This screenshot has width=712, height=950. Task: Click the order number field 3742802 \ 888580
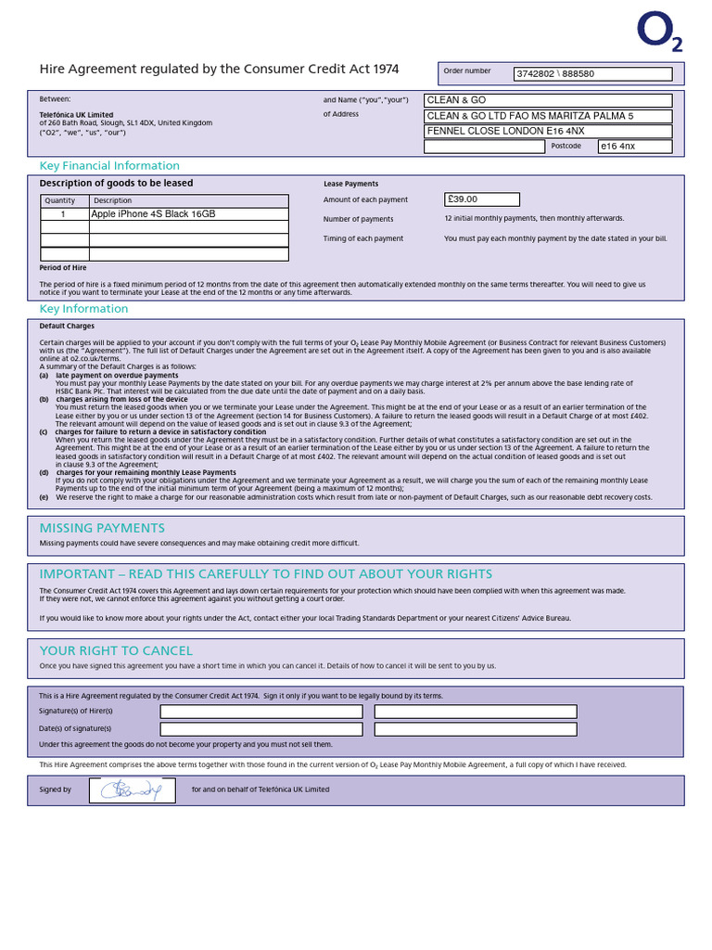[593, 74]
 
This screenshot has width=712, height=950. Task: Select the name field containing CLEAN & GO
[547, 100]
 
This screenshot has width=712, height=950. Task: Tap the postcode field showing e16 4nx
[635, 147]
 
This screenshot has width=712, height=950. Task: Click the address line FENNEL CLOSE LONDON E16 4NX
[547, 131]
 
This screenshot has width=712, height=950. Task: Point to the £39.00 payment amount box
[482, 199]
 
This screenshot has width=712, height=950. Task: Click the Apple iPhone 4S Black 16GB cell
[188, 214]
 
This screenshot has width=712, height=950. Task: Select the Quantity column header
[60, 200]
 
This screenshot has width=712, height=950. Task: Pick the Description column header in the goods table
[113, 200]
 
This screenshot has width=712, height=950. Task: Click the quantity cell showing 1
[63, 214]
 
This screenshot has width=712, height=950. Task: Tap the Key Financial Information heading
[109, 166]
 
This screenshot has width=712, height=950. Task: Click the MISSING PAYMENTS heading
[102, 528]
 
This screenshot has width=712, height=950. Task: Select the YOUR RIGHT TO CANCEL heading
[116, 650]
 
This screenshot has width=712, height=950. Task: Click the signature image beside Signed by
[132, 790]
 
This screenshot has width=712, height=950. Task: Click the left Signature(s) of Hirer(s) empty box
[261, 712]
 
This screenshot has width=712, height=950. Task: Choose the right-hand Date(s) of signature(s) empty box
[475, 729]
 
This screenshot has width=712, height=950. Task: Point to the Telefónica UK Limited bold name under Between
[76, 115]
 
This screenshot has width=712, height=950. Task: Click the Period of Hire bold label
[63, 267]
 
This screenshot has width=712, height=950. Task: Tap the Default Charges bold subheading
[67, 327]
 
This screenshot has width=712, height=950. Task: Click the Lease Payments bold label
[350, 185]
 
